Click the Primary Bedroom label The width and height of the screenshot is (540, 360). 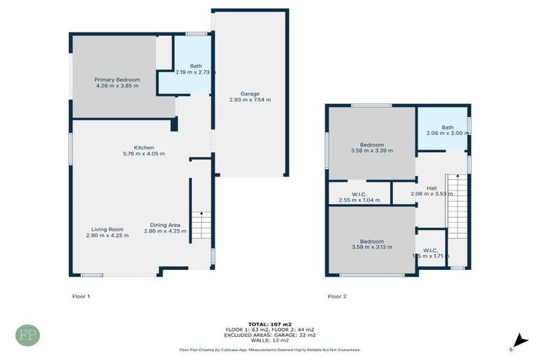coord(117,79)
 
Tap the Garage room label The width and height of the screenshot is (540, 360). coord(250,94)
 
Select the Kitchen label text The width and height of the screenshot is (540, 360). coord(144,147)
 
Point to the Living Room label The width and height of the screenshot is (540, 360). coord(107,229)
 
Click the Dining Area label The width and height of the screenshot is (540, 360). coord(165,225)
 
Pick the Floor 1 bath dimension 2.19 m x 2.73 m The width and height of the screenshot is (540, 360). coord(186,72)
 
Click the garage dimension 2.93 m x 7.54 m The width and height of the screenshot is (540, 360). coord(250,100)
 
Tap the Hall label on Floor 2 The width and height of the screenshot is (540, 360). coord(432,188)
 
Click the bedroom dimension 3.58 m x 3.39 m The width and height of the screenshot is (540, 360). coord(372,150)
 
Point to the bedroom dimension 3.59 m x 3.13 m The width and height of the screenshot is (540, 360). coord(372,247)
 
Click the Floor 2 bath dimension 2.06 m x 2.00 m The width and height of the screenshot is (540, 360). coord(447,134)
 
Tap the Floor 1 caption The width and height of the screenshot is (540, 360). coord(81,296)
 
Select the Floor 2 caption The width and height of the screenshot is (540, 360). coord(337,296)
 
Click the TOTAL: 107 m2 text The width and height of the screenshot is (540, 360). coord(269,323)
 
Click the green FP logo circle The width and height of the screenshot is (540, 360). coord(28,335)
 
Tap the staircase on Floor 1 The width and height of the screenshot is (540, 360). coord(201,226)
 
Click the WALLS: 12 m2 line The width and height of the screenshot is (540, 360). coord(269,340)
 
